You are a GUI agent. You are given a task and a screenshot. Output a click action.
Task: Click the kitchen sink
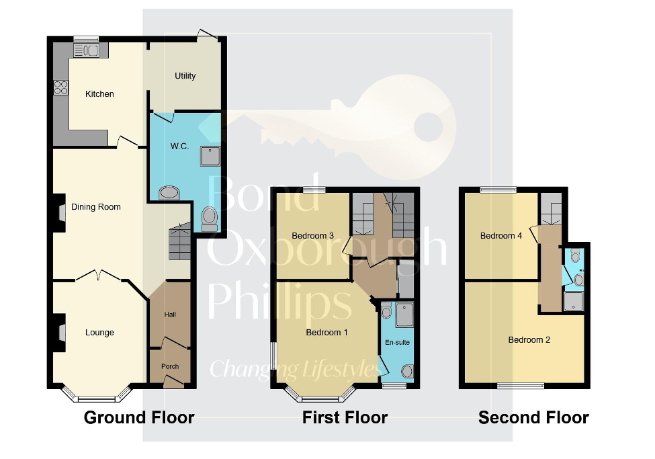pyautogui.click(x=86, y=50)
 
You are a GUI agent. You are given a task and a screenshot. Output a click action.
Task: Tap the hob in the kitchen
pyautogui.click(x=60, y=87)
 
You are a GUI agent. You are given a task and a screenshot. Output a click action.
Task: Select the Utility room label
pyautogui.click(x=185, y=76)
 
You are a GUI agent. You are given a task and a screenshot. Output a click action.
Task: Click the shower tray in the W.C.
pyautogui.click(x=210, y=155)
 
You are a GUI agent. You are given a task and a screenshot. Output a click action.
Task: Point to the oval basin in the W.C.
pyautogui.click(x=169, y=194)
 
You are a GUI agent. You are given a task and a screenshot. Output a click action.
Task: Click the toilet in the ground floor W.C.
pyautogui.click(x=210, y=217)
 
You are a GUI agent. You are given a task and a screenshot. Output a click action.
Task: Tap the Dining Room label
pyautogui.click(x=96, y=207)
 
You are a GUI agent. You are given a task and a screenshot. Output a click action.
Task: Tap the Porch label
pyautogui.click(x=169, y=367)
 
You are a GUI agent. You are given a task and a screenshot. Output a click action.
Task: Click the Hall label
pyautogui.click(x=171, y=315)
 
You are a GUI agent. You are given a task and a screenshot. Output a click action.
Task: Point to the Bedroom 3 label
pyautogui.click(x=312, y=235)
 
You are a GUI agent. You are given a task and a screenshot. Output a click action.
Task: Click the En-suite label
pyautogui.click(x=398, y=343)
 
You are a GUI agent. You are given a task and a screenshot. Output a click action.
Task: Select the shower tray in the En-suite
pyautogui.click(x=405, y=315)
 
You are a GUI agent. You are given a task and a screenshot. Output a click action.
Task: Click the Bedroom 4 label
pyautogui.click(x=500, y=236)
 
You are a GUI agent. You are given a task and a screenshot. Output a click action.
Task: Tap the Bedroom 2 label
pyautogui.click(x=529, y=340)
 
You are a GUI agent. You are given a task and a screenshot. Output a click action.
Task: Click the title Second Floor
pyautogui.click(x=533, y=418)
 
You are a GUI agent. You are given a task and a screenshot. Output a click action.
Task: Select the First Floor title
pyautogui.click(x=345, y=418)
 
